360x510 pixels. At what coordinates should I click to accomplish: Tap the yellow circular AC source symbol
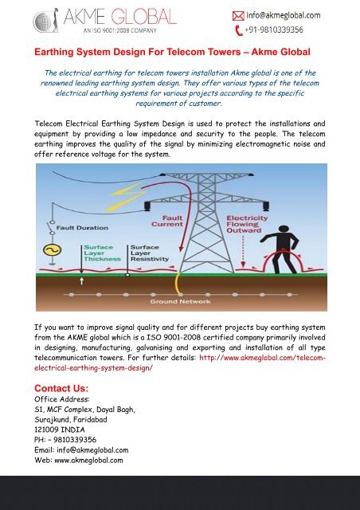(54, 249)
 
